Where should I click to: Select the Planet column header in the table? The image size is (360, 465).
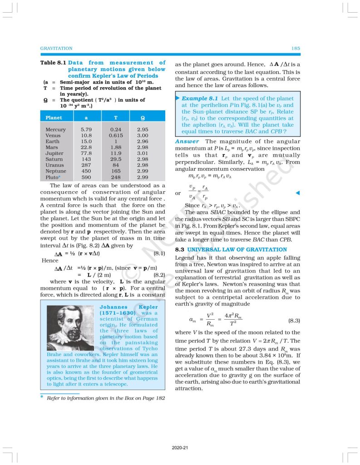point(54,118)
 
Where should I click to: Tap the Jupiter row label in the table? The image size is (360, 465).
point(55,154)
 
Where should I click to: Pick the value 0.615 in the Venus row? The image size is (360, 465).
point(116,135)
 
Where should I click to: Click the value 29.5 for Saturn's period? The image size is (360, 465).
point(116,160)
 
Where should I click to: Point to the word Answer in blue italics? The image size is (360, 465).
point(187,142)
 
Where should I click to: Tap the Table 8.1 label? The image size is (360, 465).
point(53,63)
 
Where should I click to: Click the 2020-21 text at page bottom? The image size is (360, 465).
point(180,447)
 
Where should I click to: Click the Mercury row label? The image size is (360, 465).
point(55,129)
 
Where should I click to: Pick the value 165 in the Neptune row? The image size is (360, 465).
point(116,172)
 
